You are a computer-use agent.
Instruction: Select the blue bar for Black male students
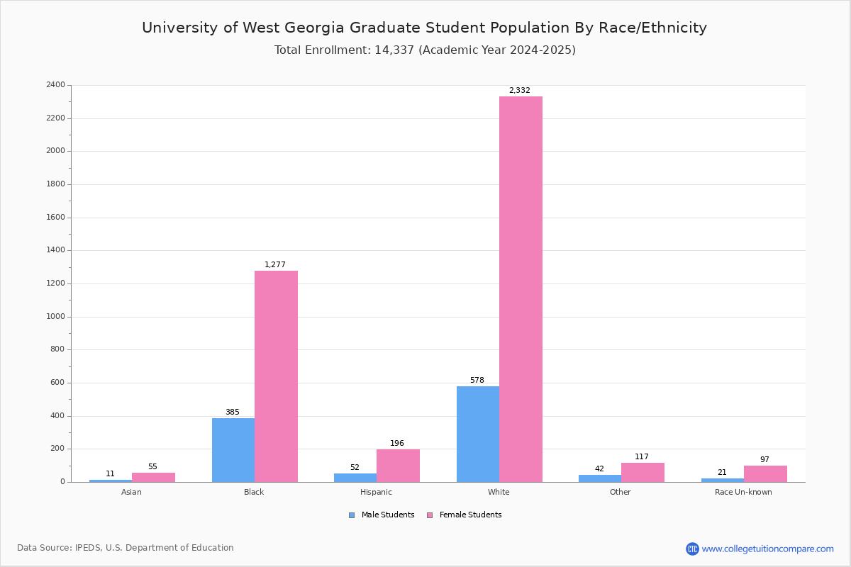tap(233, 450)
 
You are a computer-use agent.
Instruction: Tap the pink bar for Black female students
tap(276, 376)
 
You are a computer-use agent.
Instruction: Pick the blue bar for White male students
tap(478, 434)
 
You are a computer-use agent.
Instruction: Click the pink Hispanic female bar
tap(398, 466)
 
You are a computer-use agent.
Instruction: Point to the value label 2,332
tap(519, 91)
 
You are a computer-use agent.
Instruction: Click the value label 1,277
tap(275, 265)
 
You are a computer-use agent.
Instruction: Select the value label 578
tap(477, 381)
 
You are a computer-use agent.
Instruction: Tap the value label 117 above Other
tap(642, 457)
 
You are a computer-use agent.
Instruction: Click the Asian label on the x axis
tap(131, 492)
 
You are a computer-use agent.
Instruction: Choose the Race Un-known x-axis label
tap(743, 492)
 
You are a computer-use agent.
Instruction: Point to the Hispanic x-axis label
tap(376, 492)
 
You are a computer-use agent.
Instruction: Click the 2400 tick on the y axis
tap(55, 85)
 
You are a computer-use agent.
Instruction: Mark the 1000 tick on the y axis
tap(55, 317)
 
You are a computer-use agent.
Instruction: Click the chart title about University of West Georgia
tap(424, 28)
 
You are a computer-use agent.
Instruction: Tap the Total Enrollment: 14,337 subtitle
tap(425, 50)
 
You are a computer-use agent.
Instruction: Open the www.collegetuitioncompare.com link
tap(767, 549)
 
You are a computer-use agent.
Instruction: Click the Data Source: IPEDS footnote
tap(126, 548)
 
